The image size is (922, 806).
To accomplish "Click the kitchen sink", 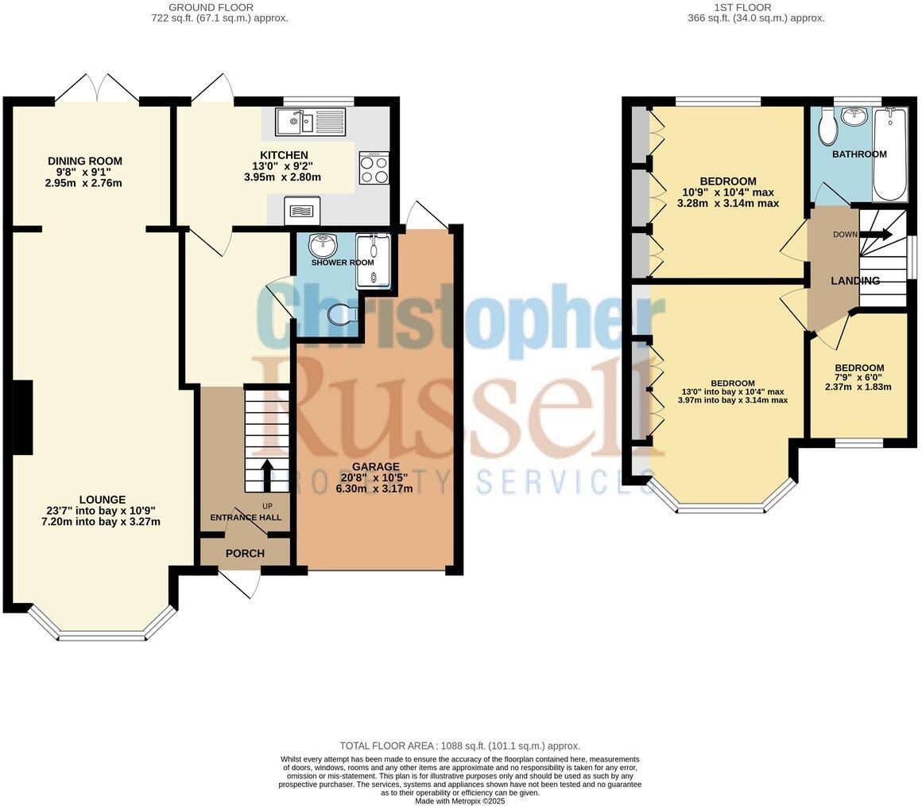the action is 309,121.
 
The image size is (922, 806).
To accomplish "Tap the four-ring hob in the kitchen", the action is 374,168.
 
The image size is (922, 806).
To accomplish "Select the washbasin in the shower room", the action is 322,244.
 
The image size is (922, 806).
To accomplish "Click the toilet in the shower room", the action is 342,315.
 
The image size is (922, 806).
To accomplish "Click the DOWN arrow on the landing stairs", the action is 876,234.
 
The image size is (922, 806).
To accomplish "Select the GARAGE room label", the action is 376,467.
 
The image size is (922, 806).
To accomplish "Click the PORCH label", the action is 245,554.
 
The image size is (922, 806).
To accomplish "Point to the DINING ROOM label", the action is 85,161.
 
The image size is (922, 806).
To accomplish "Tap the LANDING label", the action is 855,281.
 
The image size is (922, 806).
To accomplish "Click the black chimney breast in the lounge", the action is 24,418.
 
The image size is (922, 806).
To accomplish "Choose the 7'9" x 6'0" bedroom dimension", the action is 858,377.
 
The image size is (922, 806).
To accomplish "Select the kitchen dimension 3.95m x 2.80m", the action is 283,177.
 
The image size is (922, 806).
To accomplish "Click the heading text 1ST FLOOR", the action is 742,8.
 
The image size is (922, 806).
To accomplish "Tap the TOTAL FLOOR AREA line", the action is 460,746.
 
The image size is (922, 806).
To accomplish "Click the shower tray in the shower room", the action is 373,261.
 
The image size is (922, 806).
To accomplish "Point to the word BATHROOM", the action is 859,154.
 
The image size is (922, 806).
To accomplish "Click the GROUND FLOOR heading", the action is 211,8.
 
